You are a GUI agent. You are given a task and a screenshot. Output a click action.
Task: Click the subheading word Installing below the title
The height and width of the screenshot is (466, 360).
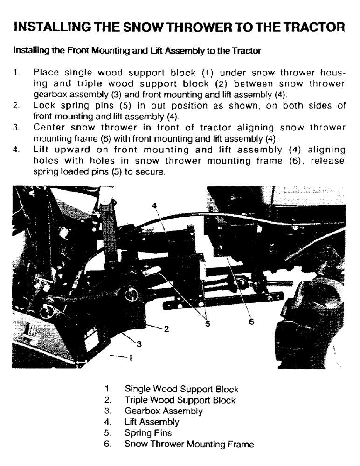coord(29,50)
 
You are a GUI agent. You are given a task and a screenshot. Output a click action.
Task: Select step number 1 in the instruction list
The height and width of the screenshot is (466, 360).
coord(16,73)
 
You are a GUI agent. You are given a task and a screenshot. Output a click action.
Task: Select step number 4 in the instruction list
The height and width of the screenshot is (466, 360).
coord(16,150)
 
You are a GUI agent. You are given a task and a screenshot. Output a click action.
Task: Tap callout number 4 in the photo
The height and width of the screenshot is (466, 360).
coord(154,206)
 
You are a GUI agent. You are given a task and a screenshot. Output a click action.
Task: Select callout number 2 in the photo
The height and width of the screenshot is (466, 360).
coord(166,329)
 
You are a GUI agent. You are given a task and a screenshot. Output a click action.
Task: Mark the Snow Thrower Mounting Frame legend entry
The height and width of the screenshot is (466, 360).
coord(189,445)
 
